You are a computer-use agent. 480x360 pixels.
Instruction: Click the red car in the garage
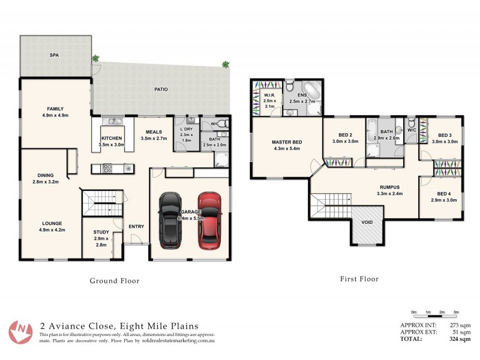pyautogui.click(x=209, y=221)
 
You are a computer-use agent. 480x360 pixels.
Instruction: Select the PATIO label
pyautogui.click(x=160, y=89)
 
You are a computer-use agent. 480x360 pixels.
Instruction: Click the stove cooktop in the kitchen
pyautogui.click(x=109, y=168)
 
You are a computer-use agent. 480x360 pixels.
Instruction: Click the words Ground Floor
pyautogui.click(x=114, y=280)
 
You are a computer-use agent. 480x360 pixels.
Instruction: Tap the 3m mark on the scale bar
pyautogui.click(x=456, y=313)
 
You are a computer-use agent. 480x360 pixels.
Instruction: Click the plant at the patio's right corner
pyautogui.click(x=226, y=64)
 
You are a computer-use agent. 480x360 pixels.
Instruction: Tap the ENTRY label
pyautogui.click(x=136, y=226)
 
